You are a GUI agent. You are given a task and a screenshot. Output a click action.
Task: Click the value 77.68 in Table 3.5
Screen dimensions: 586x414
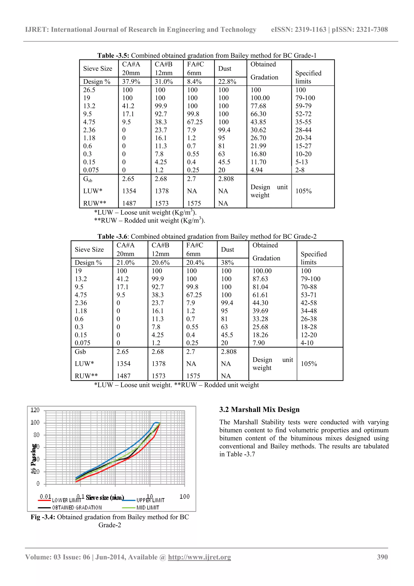point(258,106)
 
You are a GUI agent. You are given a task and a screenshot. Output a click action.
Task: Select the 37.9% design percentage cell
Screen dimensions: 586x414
point(131,82)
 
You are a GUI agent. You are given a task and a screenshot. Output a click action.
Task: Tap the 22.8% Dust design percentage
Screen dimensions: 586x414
point(227,82)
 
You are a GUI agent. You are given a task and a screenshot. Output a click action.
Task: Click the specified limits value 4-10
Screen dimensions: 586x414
point(307,343)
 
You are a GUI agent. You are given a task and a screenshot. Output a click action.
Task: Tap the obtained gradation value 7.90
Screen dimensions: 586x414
point(259,343)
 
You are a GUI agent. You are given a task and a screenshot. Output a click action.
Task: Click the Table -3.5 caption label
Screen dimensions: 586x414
point(113,56)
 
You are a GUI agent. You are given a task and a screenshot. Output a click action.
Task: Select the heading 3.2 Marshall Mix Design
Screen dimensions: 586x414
point(259,410)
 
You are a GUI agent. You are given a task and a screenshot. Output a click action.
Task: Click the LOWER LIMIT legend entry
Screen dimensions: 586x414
point(66,500)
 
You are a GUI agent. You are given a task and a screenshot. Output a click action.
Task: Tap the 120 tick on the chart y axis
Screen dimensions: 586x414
point(35,410)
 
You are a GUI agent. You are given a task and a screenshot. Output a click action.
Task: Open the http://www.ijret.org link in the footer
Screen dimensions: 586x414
point(199,557)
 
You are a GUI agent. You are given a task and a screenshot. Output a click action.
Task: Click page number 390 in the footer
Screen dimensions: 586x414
point(382,557)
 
